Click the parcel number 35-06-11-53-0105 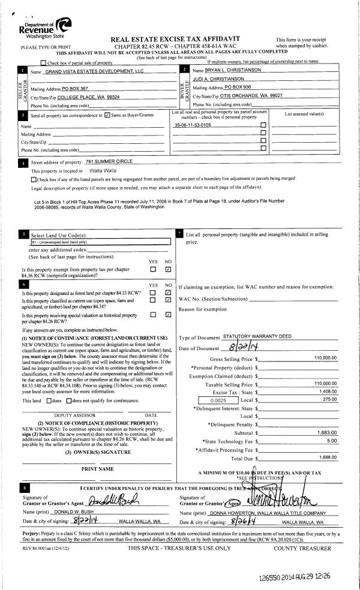pyautogui.click(x=193, y=125)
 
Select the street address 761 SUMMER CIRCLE pyautogui.click(x=111, y=162)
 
